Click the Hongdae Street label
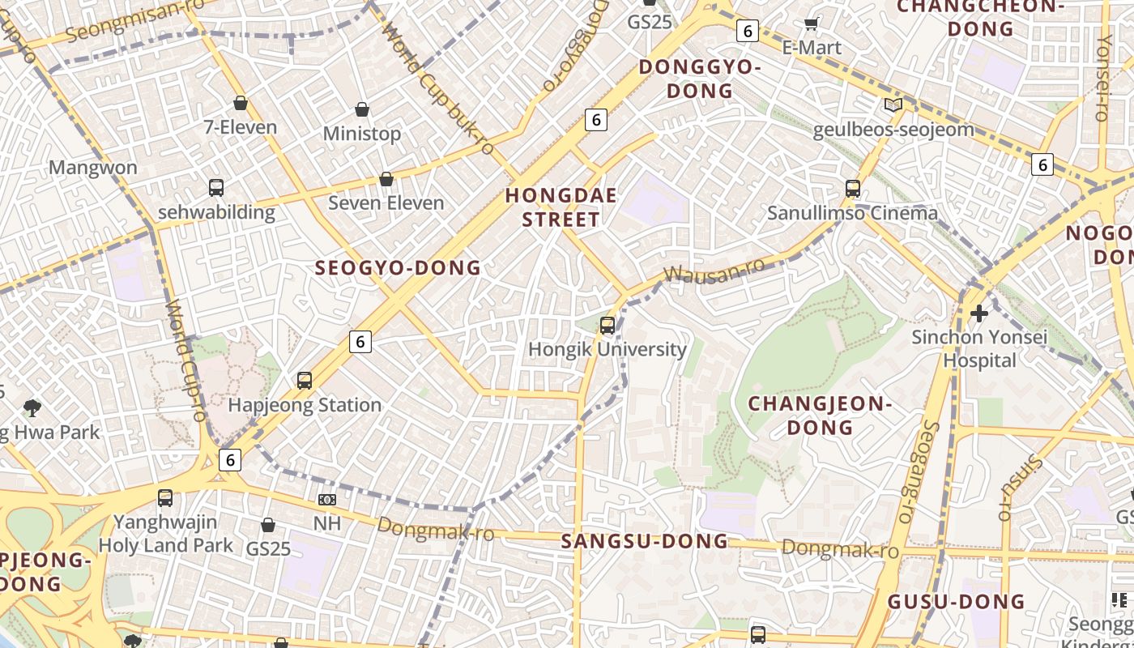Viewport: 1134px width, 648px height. [x=561, y=207]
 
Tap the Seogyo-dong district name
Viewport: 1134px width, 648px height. [x=398, y=268]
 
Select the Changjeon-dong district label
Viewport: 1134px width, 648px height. [x=819, y=415]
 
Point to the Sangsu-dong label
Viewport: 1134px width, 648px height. [x=645, y=541]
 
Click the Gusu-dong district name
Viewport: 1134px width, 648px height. [x=956, y=602]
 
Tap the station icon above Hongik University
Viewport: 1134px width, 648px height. [x=607, y=326]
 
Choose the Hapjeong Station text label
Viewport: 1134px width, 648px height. [x=305, y=405]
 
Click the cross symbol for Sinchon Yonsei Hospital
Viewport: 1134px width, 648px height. [x=979, y=313]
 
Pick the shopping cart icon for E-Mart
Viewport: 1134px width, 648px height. [x=811, y=25]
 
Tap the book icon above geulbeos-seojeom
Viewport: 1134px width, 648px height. [x=893, y=105]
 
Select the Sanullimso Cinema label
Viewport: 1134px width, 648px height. [x=852, y=213]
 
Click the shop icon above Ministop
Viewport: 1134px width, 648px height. [x=362, y=109]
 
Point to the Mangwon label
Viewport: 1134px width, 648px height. [x=93, y=168]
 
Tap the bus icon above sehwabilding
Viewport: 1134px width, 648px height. [x=216, y=188]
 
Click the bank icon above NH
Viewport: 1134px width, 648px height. [x=327, y=500]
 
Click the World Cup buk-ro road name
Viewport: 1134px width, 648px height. [x=437, y=89]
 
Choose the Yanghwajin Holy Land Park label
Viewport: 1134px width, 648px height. [x=166, y=534]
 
